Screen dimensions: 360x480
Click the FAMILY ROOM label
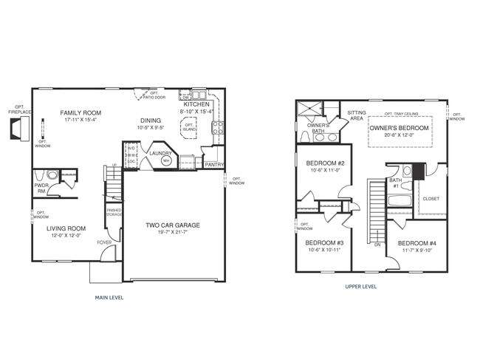click(x=80, y=113)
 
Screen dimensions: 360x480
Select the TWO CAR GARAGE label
click(x=173, y=225)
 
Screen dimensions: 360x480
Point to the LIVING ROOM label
click(x=66, y=228)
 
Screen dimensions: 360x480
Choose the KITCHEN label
click(x=196, y=105)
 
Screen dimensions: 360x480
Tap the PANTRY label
click(x=214, y=165)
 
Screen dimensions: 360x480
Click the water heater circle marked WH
click(x=166, y=160)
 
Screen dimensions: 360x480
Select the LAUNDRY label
click(x=160, y=153)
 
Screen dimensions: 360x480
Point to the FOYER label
click(x=104, y=242)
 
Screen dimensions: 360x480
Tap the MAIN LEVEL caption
click(x=109, y=297)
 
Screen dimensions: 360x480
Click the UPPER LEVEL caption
click(x=361, y=285)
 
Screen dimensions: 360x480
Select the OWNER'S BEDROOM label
click(x=400, y=128)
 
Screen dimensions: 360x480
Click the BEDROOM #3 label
click(x=324, y=242)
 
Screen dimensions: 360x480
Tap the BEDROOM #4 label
click(x=417, y=243)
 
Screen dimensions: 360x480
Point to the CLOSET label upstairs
click(x=431, y=198)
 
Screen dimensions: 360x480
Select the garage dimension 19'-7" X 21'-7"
click(x=173, y=233)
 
